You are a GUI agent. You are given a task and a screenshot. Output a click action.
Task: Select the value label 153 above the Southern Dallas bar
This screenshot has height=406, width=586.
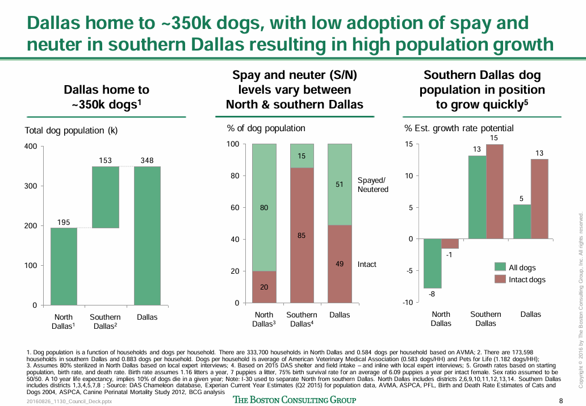(106, 161)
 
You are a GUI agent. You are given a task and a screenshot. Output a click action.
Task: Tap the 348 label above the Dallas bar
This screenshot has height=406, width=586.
(147, 161)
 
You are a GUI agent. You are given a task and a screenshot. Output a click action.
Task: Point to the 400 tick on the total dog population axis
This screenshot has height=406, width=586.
(31, 147)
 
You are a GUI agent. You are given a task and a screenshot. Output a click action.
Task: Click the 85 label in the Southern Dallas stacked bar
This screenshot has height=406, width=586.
(302, 235)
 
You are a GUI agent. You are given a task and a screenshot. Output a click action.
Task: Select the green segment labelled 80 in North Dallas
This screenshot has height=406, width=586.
(264, 207)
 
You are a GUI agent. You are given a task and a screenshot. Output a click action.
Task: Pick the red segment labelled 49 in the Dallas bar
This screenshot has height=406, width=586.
(340, 264)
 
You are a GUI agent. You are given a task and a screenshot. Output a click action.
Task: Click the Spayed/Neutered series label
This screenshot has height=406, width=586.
(373, 185)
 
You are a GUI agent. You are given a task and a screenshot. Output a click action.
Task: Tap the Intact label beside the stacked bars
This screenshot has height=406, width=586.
(367, 265)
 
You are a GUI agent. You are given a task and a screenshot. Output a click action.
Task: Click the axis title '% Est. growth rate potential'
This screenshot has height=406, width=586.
(458, 128)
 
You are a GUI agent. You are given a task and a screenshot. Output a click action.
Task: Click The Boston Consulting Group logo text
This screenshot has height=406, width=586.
(295, 400)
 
